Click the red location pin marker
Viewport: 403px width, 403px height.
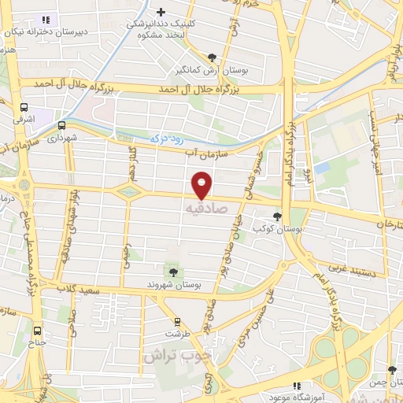tap(203, 185)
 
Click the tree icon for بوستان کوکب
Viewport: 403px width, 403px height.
tap(276, 216)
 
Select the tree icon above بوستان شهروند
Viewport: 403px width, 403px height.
tap(173, 272)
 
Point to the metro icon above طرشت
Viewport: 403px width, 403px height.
tap(177, 322)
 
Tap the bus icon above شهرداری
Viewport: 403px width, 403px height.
tap(61, 124)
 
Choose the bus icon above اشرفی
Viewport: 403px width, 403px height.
tap(24, 107)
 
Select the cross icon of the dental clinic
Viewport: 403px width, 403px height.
tap(161, 12)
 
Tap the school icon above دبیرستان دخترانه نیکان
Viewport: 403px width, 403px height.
tap(44, 20)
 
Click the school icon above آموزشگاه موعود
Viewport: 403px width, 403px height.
tap(297, 386)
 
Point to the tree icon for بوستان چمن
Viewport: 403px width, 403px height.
tap(392, 370)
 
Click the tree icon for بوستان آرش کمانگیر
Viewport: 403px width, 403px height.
tap(212, 57)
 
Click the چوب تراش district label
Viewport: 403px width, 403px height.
tap(178, 354)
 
